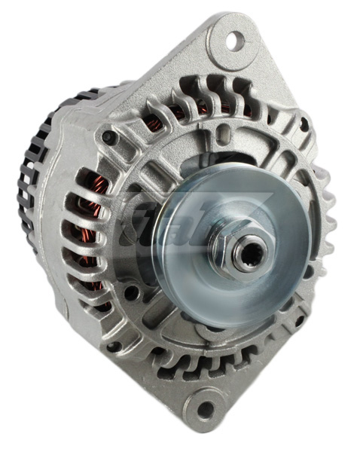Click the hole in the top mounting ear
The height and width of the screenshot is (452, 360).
point(234,38)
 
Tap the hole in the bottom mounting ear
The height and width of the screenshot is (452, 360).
point(204,410)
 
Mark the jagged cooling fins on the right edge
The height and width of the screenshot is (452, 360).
point(325,218)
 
